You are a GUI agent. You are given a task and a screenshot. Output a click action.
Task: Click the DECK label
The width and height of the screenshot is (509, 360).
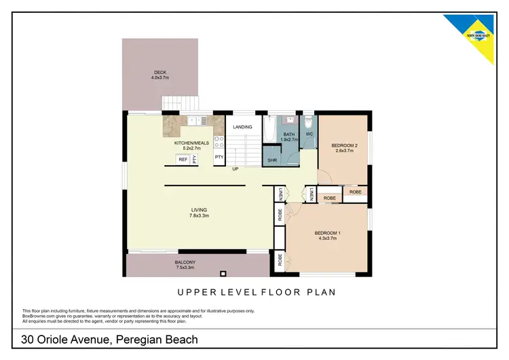(160, 73)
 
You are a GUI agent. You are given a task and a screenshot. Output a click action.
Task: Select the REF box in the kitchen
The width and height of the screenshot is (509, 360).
(182, 160)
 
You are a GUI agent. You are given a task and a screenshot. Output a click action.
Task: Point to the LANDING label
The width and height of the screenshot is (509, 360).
(242, 127)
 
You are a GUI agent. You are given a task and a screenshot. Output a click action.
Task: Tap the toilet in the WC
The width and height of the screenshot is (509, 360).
(309, 122)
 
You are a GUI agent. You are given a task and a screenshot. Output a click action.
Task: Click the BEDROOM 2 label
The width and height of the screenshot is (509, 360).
(344, 146)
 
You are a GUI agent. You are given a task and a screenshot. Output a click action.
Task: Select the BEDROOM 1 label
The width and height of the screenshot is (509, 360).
(327, 234)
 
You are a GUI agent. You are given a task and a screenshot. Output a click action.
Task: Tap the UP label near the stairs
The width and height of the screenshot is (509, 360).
(235, 168)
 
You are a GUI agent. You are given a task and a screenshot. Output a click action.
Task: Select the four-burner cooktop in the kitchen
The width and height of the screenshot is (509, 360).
(219, 142)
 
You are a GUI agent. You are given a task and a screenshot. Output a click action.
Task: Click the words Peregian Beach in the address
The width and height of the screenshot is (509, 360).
(157, 340)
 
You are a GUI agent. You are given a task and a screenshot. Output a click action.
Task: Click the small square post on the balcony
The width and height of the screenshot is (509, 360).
(221, 274)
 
